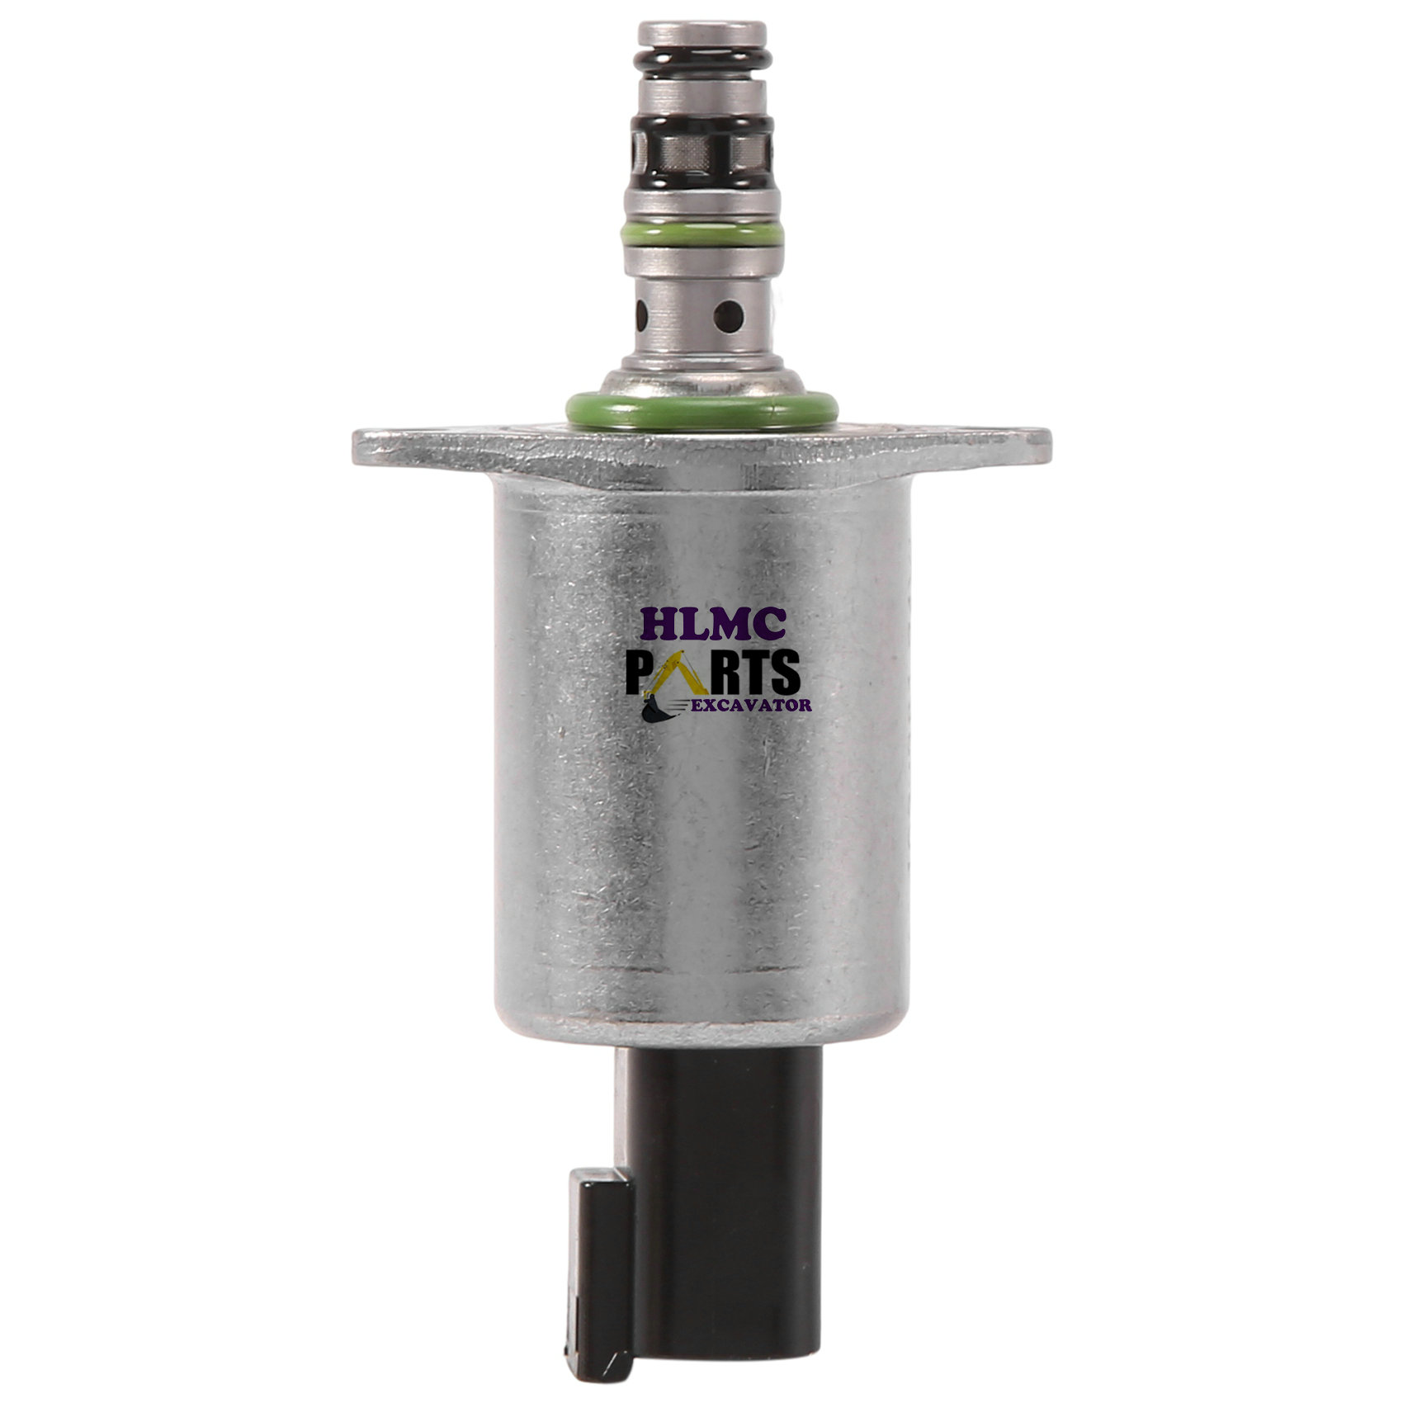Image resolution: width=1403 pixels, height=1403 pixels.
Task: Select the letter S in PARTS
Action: (x=782, y=672)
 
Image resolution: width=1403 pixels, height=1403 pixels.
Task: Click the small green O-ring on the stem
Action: (x=701, y=234)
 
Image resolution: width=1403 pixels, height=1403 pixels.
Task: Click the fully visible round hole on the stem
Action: (x=728, y=314)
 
